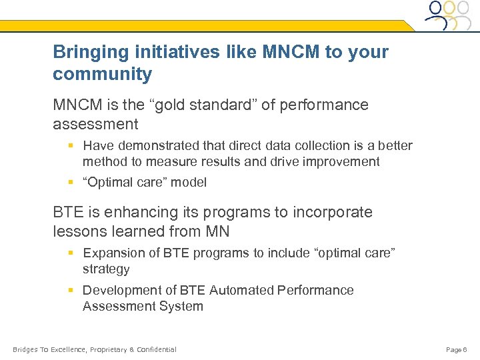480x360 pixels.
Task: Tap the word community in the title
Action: (x=103, y=74)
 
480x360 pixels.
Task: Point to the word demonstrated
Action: (x=152, y=145)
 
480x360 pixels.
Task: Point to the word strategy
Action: (x=106, y=269)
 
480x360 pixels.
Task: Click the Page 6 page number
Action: (x=457, y=349)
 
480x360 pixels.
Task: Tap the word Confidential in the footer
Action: (x=157, y=349)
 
